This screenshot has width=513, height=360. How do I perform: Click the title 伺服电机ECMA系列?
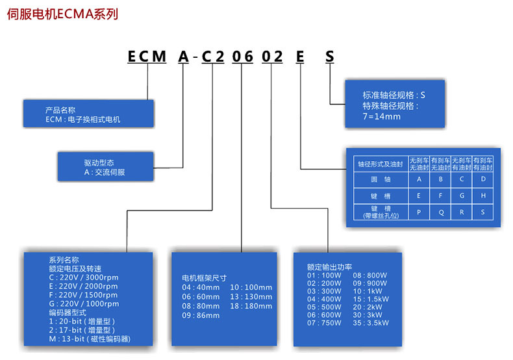tap(62, 14)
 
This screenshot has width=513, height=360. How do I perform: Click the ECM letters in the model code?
tap(147, 57)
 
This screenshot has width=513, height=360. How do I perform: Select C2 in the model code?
tap(212, 57)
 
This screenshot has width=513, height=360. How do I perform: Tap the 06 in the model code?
tap(242, 57)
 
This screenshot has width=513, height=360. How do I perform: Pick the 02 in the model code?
tap(272, 57)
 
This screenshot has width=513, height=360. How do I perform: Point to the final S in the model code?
tap(330, 57)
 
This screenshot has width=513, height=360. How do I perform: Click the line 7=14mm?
tap(381, 116)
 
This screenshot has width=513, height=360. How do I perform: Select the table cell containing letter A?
tap(419, 179)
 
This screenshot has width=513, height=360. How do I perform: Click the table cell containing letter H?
tap(483, 196)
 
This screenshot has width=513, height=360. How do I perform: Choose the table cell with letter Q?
tap(441, 212)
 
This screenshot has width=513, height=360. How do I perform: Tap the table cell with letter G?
tap(462, 196)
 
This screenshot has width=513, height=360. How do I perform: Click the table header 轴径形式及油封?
tap(381, 164)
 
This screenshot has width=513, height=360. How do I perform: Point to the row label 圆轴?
tap(381, 179)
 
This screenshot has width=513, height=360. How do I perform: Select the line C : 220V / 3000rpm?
tap(84, 277)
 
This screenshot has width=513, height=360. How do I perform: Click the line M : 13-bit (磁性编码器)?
tap(90, 339)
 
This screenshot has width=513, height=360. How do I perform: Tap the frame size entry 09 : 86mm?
tap(201, 316)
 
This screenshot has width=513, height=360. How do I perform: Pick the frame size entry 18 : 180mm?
tap(251, 306)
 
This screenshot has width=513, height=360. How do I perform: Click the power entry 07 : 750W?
tap(324, 323)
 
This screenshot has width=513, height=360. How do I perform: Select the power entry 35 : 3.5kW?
tap(371, 323)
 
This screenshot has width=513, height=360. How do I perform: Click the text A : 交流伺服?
tap(105, 172)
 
